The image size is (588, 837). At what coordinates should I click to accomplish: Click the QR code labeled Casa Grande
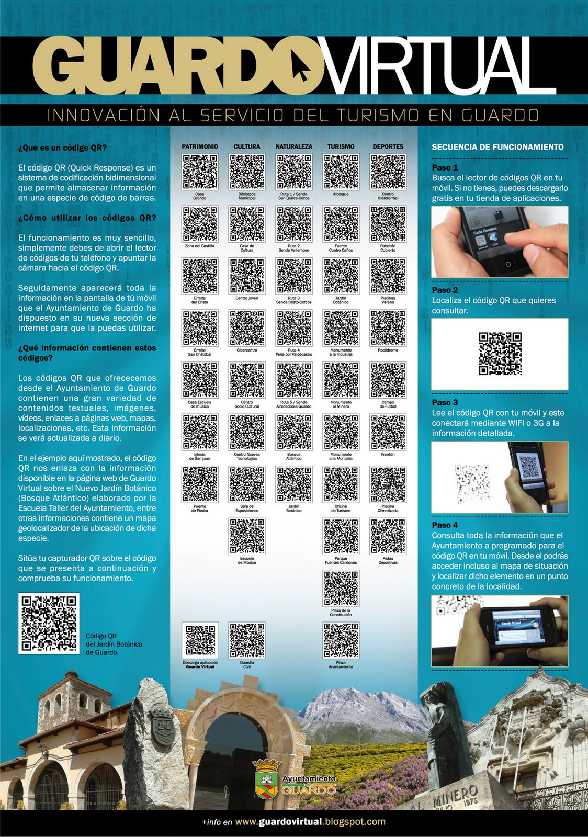coord(200,172)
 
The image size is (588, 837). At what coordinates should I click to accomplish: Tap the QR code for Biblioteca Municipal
coord(247,172)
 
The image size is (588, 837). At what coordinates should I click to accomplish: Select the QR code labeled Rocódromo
coord(388,328)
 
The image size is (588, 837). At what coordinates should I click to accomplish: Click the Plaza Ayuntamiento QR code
coord(341,640)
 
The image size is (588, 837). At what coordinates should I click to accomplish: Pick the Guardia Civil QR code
coord(247,640)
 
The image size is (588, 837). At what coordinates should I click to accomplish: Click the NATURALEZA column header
coord(294,146)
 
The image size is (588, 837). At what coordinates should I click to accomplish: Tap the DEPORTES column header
coord(388,146)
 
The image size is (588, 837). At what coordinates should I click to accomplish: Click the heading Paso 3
coord(445,402)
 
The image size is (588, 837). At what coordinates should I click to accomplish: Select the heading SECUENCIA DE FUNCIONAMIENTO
coord(497,147)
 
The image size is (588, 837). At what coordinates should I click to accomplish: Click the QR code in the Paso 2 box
coord(500,354)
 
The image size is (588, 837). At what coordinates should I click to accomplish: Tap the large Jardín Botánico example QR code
coord(49,623)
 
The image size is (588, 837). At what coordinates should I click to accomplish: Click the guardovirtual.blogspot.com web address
coord(310,822)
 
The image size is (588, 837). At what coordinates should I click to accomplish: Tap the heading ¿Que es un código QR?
coord(62,148)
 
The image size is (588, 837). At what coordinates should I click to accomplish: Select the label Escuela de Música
coord(247,560)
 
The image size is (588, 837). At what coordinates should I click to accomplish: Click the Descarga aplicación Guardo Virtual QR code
coord(200,640)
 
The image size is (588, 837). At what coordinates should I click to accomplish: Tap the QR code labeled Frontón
coord(388,432)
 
